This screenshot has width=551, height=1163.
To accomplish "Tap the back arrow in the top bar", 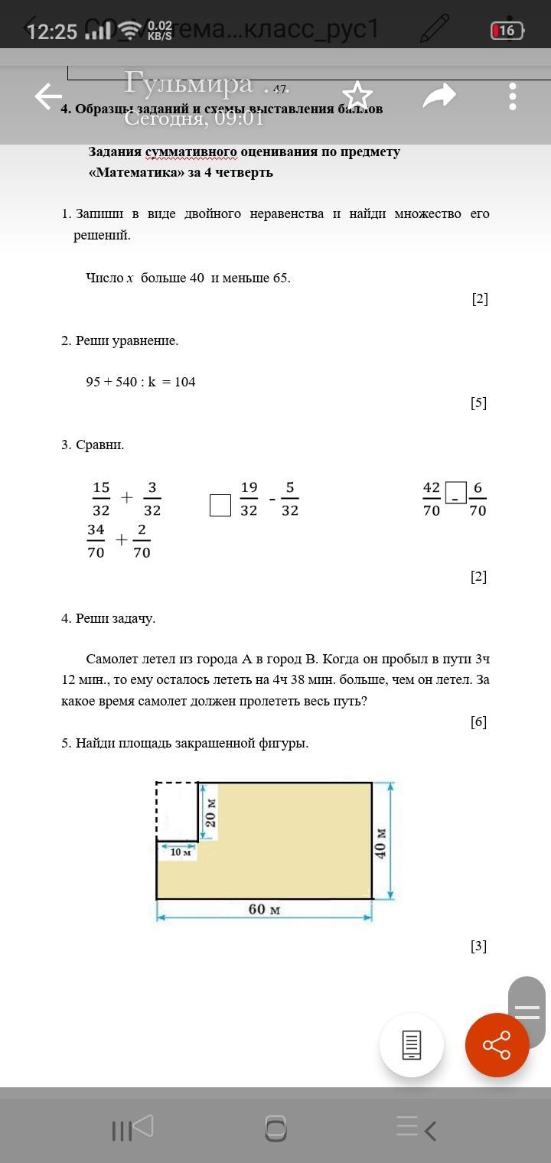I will (47, 96).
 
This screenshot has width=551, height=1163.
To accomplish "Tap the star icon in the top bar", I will (357, 96).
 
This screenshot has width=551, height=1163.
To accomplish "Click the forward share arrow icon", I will (439, 96).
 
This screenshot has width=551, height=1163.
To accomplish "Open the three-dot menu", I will (512, 96).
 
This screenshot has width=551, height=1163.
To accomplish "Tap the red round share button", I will (497, 1044).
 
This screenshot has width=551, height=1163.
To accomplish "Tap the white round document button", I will (412, 1044).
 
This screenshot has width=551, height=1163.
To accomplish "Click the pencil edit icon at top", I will (434, 30).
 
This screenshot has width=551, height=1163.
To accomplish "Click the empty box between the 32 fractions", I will (220, 505).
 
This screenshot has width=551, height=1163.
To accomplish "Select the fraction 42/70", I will (432, 499).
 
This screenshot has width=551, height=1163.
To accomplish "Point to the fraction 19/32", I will (249, 499).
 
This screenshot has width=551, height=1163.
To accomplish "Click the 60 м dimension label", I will (264, 910).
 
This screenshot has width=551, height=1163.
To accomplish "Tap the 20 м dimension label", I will (211, 813).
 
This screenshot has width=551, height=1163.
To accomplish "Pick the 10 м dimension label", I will (181, 852).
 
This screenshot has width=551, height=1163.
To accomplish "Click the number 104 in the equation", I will (184, 382).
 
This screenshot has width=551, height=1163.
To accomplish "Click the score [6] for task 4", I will (478, 722).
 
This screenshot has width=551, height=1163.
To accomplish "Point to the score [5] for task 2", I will (478, 402).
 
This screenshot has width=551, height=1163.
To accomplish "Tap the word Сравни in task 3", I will (99, 445).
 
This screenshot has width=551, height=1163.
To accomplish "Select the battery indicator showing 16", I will (507, 31).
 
